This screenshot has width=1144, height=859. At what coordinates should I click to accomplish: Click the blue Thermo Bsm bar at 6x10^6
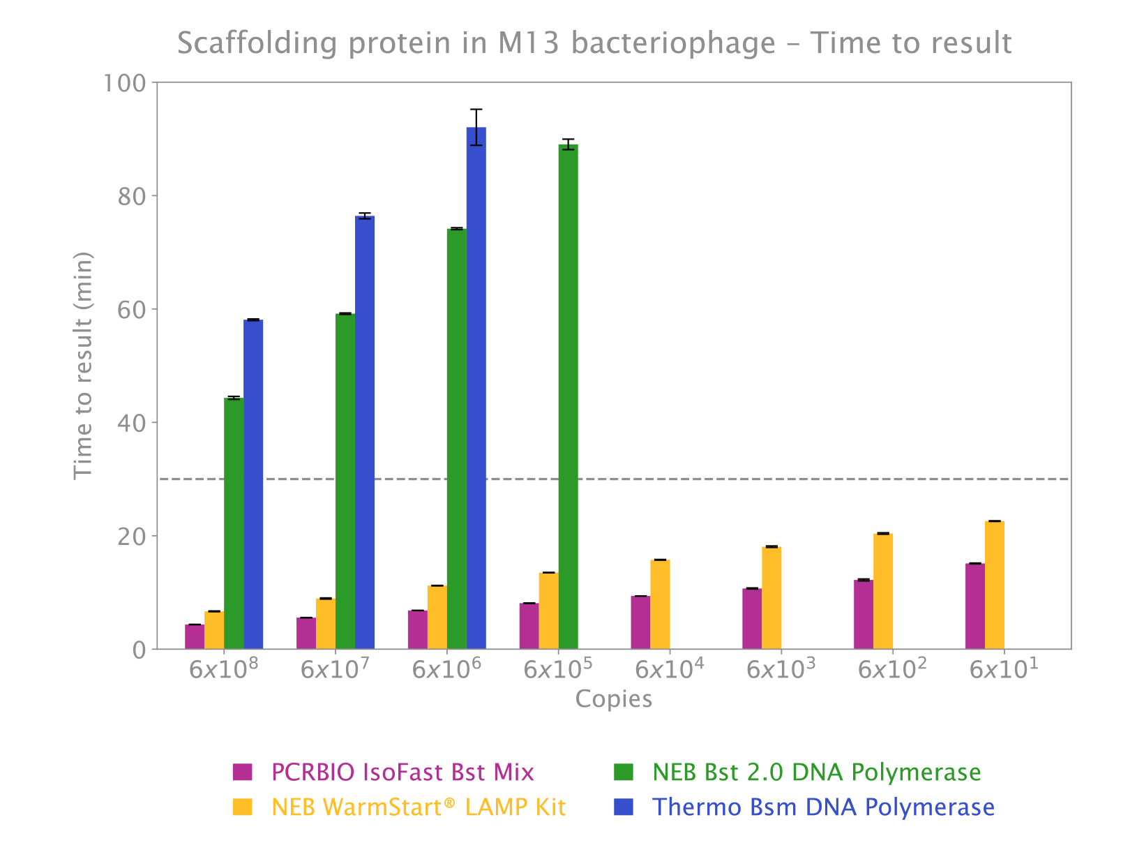tap(476, 388)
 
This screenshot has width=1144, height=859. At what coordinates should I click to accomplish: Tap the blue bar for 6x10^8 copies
tap(253, 484)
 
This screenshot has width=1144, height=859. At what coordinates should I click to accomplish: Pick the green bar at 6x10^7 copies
tap(345, 481)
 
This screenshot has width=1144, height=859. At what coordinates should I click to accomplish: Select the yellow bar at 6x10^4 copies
tap(660, 604)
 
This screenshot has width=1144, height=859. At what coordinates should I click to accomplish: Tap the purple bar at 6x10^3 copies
tap(752, 619)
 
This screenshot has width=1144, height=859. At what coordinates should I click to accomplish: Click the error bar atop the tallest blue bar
tap(476, 126)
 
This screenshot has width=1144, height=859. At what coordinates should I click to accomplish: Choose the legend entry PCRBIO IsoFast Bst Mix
tap(402, 772)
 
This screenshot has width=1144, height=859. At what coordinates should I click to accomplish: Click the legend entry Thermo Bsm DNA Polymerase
tap(823, 807)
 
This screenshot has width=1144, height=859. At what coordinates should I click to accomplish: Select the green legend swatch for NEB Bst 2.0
tap(623, 772)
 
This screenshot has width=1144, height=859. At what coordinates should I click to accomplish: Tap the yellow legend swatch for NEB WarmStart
tap(242, 807)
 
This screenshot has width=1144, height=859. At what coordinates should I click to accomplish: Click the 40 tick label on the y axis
tap(130, 423)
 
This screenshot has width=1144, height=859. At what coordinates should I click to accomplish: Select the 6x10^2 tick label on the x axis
tap(892, 668)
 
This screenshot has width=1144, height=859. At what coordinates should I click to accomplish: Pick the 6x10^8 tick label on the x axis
tap(223, 668)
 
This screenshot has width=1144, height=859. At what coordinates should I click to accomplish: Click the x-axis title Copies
tap(614, 699)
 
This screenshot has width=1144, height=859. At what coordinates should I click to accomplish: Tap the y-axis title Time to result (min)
tap(84, 366)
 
